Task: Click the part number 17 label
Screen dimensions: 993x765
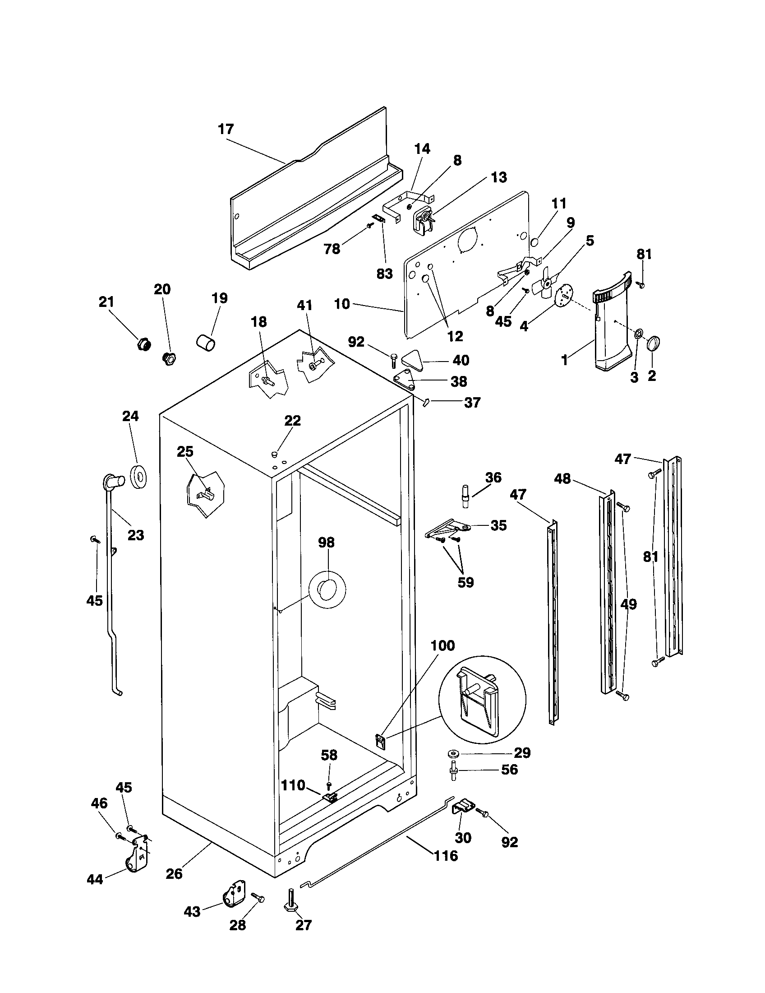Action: [x=226, y=130]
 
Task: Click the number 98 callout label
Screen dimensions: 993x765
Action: [x=326, y=542]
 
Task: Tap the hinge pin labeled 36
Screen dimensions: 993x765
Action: [x=465, y=496]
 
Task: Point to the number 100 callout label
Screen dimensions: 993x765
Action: [x=442, y=645]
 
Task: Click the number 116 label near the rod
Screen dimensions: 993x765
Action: [x=446, y=856]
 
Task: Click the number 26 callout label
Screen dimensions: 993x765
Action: [x=174, y=873]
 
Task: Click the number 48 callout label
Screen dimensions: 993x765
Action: [x=562, y=478]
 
